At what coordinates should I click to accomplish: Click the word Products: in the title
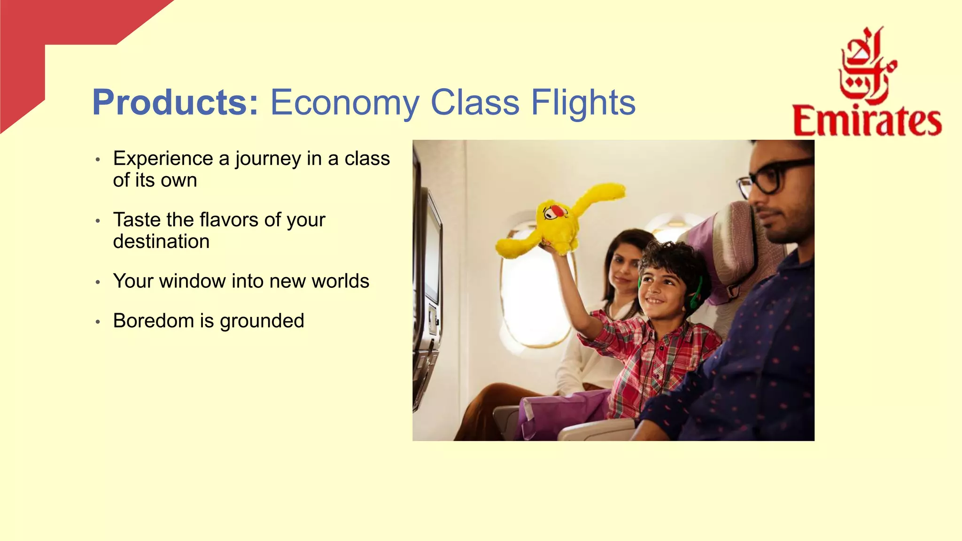click(175, 102)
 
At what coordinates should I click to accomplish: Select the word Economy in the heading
click(344, 103)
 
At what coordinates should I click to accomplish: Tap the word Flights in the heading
click(582, 102)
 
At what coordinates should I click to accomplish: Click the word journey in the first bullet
click(268, 159)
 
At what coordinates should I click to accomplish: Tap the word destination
click(161, 241)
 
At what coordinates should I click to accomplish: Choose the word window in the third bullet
click(193, 281)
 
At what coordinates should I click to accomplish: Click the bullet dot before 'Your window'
click(98, 282)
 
